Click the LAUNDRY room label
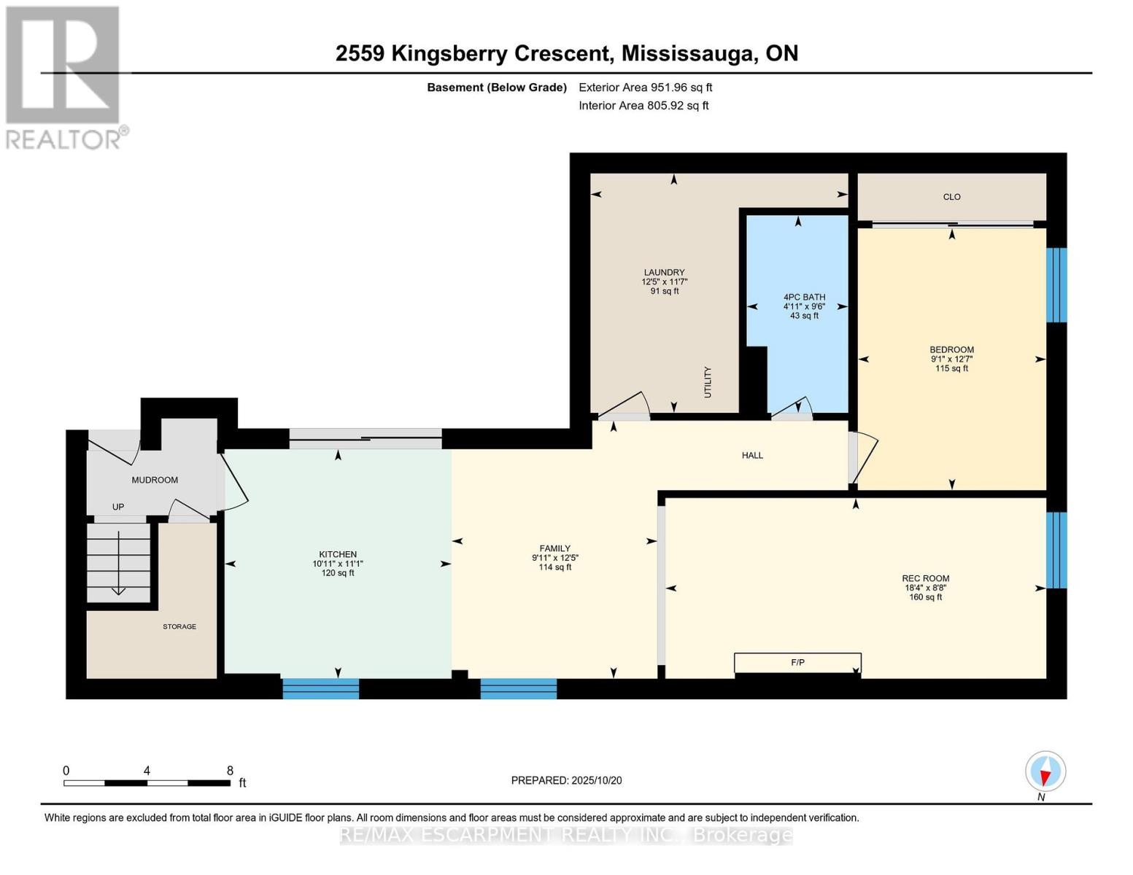pos(664,272)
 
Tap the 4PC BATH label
pos(804,297)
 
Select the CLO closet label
pos(951,196)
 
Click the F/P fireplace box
pos(797,662)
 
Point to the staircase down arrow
pos(119,563)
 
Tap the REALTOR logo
pos(63,78)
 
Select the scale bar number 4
pos(147,770)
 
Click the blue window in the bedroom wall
pos(1056,285)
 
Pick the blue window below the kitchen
pos(321,688)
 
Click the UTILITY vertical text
pos(708,382)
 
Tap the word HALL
pos(752,456)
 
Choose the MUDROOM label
pos(155,480)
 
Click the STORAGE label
pos(179,626)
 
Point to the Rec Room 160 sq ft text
pos(926,597)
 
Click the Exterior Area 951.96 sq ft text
pos(645,87)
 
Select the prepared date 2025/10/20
pos(597,780)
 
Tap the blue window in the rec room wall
pos(1056,551)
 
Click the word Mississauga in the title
pos(687,54)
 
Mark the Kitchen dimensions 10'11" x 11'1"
pos(338,564)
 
